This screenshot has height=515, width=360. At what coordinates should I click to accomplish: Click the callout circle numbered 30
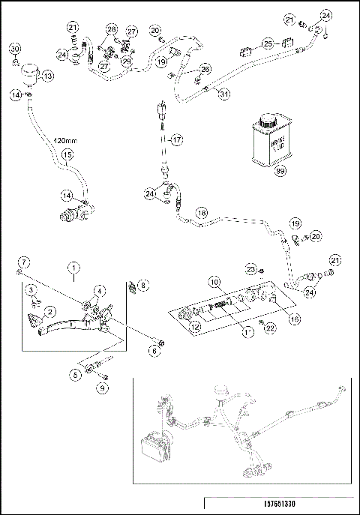pyautogui.click(x=15, y=49)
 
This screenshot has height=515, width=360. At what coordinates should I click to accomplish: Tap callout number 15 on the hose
pyautogui.click(x=67, y=155)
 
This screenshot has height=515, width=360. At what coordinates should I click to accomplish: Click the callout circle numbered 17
pyautogui.click(x=175, y=139)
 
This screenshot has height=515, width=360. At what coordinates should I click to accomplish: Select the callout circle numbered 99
pyautogui.click(x=280, y=172)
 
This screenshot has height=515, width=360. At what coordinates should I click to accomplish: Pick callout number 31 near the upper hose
pyautogui.click(x=223, y=93)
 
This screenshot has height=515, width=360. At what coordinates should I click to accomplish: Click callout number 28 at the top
pyautogui.click(x=111, y=29)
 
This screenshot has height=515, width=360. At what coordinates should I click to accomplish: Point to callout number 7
pyautogui.click(x=24, y=261)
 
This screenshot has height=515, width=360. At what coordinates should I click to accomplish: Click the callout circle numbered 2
pyautogui.click(x=50, y=310)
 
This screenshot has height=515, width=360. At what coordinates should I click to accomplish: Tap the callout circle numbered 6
pyautogui.click(x=155, y=350)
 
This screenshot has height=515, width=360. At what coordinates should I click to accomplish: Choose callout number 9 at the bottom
pyautogui.click(x=103, y=388)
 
